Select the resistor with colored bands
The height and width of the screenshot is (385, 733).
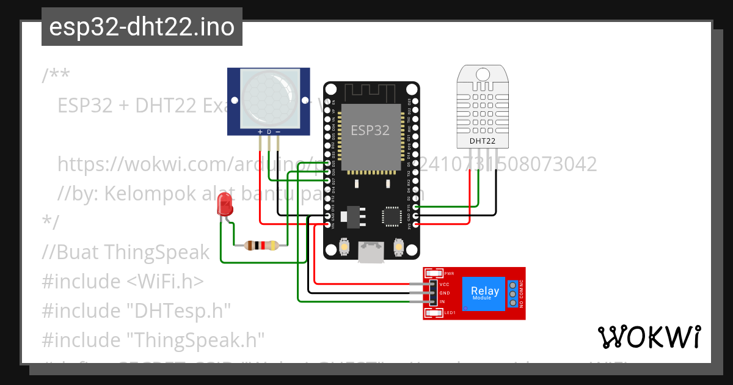pyautogui.click(x=261, y=246)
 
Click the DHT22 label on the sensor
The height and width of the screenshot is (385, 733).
pyautogui.click(x=482, y=141)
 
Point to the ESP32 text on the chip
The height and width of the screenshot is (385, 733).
pyautogui.click(x=370, y=130)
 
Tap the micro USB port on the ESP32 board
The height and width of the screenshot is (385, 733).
pyautogui.click(x=371, y=252)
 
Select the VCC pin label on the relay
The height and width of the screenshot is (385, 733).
pyautogui.click(x=444, y=284)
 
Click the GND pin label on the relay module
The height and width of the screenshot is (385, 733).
pyautogui.click(x=444, y=293)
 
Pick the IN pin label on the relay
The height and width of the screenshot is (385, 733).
pyautogui.click(x=442, y=302)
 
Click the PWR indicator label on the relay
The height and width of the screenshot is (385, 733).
pyautogui.click(x=449, y=273)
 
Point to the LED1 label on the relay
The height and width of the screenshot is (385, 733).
pyautogui.click(x=450, y=313)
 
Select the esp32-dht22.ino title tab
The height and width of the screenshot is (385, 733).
pyautogui.click(x=142, y=28)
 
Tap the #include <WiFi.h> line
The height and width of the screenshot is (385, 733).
pyautogui.click(x=122, y=281)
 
